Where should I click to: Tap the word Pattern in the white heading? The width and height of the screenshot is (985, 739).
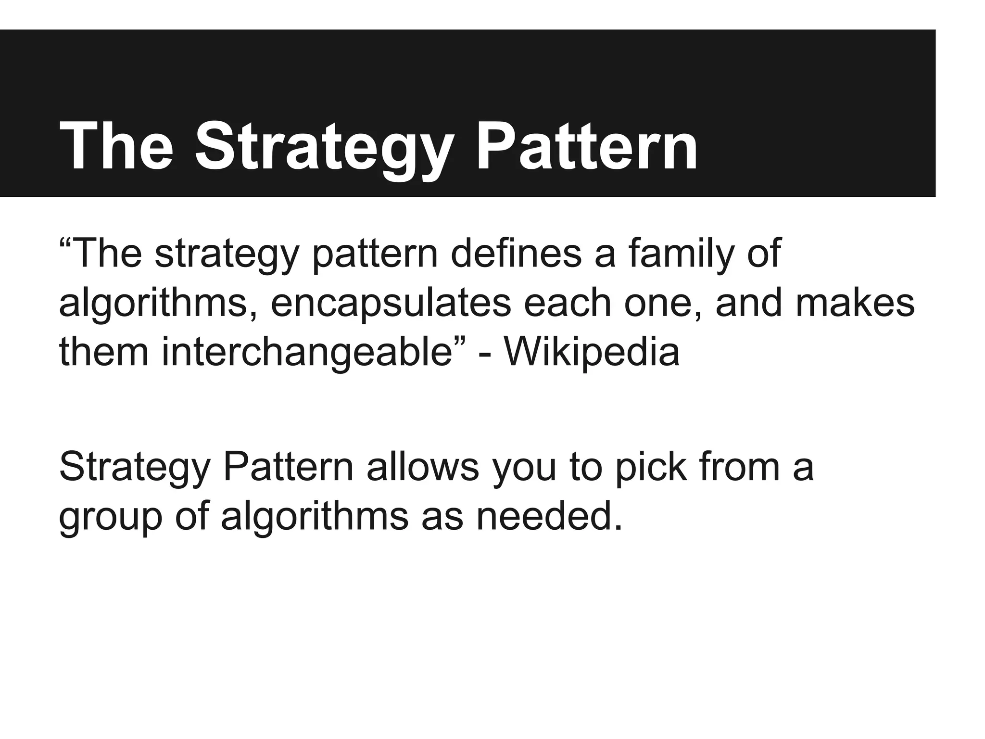[x=586, y=144]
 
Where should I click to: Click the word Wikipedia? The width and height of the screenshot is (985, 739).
[x=592, y=353]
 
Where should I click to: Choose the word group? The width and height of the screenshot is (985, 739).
[x=111, y=517]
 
